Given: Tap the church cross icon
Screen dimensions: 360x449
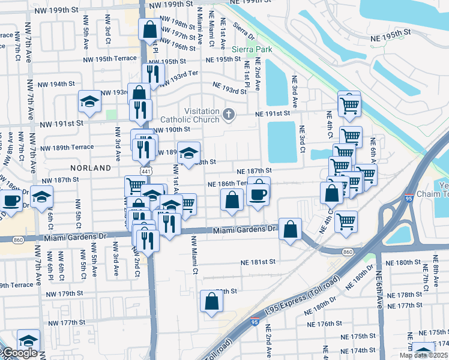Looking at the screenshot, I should [229, 114].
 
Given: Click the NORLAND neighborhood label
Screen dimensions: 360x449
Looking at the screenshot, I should [91, 168].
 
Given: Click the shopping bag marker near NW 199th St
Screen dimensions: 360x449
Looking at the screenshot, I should [149, 28].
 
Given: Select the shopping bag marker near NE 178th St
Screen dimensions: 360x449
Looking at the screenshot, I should [211, 302].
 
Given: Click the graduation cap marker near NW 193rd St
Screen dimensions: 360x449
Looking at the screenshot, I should [89, 101].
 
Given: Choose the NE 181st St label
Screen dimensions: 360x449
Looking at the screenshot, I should [258, 262].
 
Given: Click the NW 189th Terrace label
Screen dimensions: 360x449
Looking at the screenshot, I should [67, 147].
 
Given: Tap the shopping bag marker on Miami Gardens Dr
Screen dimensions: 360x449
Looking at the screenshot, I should [290, 229].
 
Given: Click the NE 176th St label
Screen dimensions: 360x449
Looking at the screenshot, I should [325, 323].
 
